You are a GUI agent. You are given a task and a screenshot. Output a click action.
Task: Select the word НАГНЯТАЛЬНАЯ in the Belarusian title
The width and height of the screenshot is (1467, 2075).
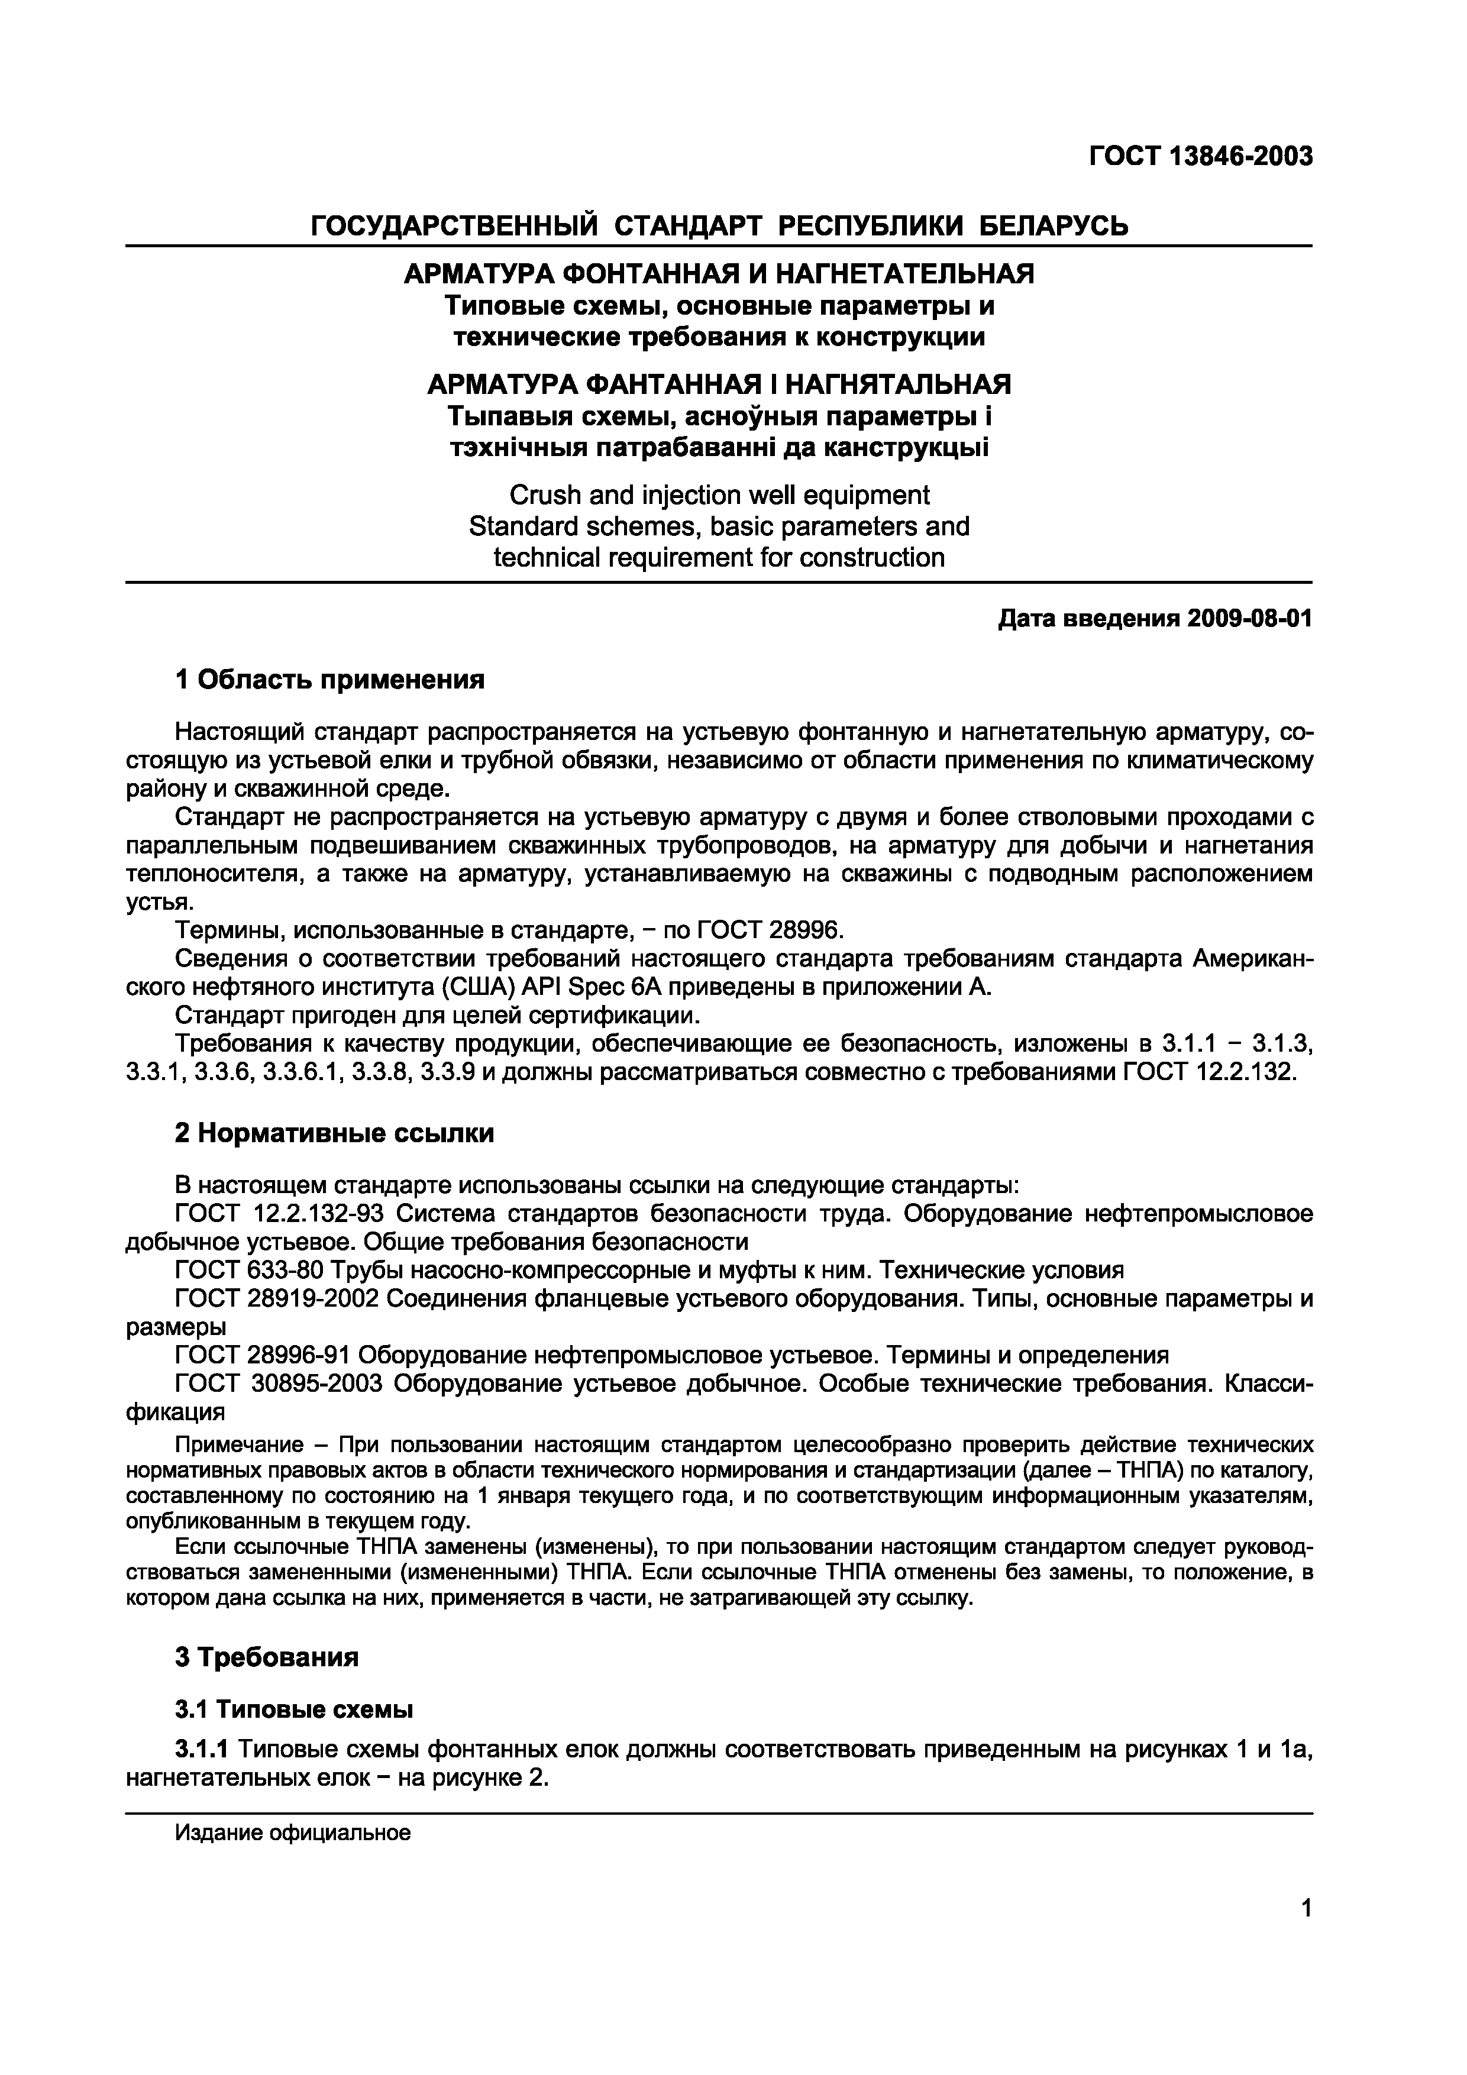click(897, 385)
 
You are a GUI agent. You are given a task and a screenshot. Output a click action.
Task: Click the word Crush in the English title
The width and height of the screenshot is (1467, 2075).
click(545, 495)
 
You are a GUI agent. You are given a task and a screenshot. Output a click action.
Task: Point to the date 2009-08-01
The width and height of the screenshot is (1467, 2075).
click(1249, 619)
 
